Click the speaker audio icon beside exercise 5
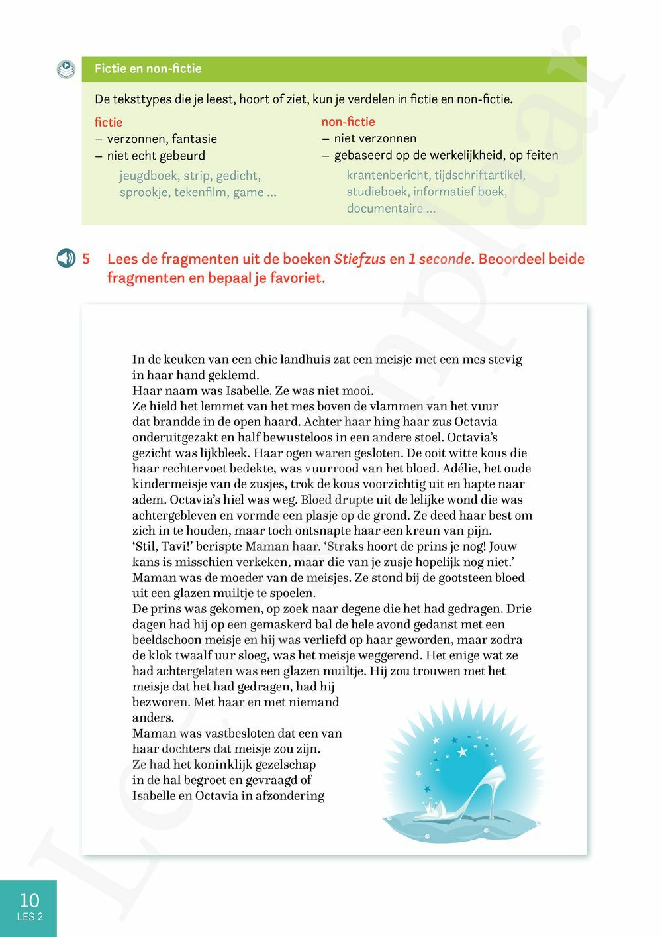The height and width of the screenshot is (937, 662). coord(66,258)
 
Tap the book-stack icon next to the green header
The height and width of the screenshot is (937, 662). coord(66,69)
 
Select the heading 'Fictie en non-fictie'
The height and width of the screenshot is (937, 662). coord(148,68)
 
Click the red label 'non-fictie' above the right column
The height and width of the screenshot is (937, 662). coord(348,121)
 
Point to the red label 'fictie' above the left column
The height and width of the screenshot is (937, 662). coord(109,122)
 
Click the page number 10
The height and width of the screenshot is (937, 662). coord(29,900)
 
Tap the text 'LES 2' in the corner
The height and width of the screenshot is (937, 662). coord(30,917)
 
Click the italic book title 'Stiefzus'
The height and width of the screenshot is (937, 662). coord(359,259)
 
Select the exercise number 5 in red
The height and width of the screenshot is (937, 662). coord(86,258)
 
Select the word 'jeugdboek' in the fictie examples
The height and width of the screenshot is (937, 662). coord(148,176)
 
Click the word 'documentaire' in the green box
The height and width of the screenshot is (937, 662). coord(385,208)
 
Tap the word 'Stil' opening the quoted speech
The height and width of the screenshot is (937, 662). coord(146,547)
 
